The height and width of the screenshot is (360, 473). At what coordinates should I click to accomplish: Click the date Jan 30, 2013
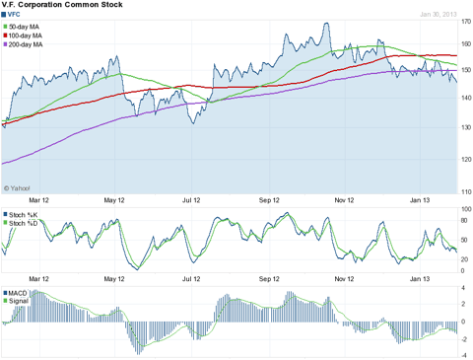[x=439, y=15]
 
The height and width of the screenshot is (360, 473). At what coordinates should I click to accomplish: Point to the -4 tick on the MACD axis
[x=464, y=354]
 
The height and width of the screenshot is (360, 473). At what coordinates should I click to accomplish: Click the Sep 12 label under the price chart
[x=269, y=197]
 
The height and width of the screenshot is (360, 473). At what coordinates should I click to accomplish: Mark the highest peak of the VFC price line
[x=327, y=22]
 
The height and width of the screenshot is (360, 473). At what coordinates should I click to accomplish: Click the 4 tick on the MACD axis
[x=464, y=289]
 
